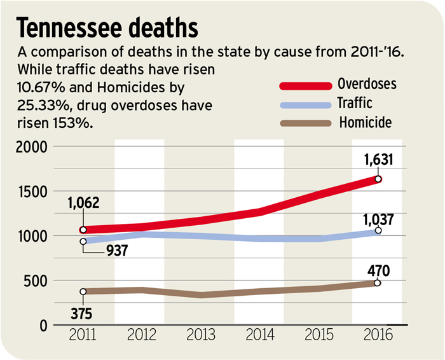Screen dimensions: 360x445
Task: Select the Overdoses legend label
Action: [368, 83]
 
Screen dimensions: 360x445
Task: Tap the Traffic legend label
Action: [355, 102]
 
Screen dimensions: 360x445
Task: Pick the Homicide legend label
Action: [365, 121]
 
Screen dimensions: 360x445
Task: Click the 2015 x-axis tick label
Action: [320, 336]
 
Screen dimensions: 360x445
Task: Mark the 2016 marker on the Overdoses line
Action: [378, 179]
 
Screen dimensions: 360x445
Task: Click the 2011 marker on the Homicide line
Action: [83, 292]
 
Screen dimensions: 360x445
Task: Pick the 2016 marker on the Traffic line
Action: [378, 230]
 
